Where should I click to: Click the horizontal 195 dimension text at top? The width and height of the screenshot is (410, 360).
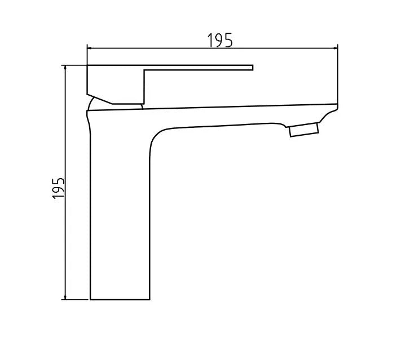point(220,41)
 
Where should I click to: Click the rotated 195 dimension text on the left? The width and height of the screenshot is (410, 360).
point(59,188)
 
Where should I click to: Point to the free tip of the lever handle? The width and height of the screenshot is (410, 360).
point(252,68)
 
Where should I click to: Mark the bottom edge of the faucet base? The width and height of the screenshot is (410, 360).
point(120,299)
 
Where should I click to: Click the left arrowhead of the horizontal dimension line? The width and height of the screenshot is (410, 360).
point(90,49)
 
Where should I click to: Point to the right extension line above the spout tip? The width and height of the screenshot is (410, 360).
point(337,73)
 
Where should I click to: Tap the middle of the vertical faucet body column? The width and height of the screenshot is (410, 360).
point(120,214)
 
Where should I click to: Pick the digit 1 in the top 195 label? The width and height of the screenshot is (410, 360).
point(210,41)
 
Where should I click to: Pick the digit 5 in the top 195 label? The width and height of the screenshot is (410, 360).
point(228,41)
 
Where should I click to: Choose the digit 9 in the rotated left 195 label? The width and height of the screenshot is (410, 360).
point(59,188)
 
